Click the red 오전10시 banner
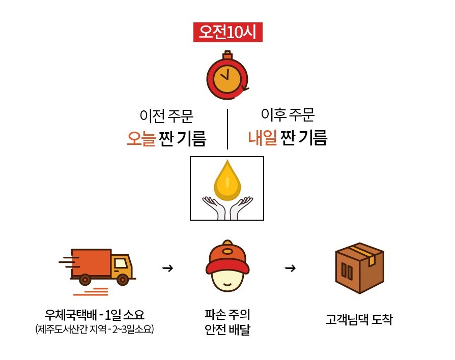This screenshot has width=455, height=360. point(228,32)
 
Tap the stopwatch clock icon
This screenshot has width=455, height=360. point(227,75)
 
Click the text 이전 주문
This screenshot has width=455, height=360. point(166,115)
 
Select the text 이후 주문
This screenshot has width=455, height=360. point(288,114)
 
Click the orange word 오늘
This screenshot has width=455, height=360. point(141,138)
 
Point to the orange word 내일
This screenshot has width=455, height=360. point(262,137)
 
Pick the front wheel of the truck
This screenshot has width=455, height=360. point(123,280)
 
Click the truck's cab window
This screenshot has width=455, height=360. point(121,263)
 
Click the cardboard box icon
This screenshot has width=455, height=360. point(359,268)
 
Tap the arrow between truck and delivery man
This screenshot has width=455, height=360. point(167,268)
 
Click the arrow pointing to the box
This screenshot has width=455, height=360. point(290,268)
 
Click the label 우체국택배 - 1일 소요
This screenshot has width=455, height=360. point(94,315)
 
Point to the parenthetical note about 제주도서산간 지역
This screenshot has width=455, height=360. point(94,329)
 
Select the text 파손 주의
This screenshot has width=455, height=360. point(227,314)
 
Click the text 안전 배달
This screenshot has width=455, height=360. point(227,329)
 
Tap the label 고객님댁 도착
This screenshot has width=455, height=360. point(359,319)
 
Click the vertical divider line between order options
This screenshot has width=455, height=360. point(227,129)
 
